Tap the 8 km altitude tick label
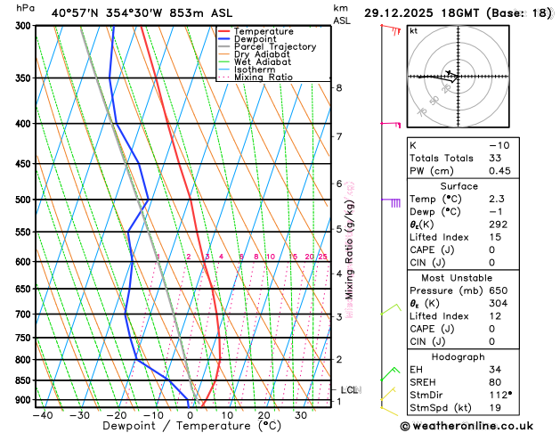(x=338, y=87)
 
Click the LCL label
(x=350, y=390)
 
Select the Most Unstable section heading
(x=477, y=278)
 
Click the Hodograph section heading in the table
(x=477, y=356)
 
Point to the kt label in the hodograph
(x=413, y=30)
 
